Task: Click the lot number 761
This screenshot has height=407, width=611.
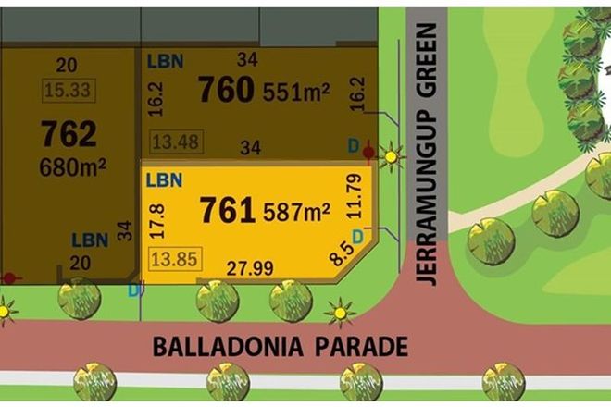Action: pyautogui.click(x=228, y=210)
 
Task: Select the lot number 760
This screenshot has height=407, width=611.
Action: pyautogui.click(x=226, y=90)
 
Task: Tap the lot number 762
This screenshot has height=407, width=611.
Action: pyautogui.click(x=68, y=135)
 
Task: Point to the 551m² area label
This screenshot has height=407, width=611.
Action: pyautogui.click(x=296, y=92)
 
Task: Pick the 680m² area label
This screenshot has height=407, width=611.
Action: pyautogui.click(x=72, y=167)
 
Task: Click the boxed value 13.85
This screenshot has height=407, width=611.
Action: pyautogui.click(x=175, y=258)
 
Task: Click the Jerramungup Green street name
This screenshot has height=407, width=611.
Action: pyautogui.click(x=425, y=155)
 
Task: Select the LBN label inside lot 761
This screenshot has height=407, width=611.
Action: pyautogui.click(x=164, y=180)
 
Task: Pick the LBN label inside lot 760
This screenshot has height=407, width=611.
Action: pyautogui.click(x=164, y=61)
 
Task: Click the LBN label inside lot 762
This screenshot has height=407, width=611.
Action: pyautogui.click(x=90, y=240)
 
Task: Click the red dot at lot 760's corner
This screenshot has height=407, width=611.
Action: pyautogui.click(x=369, y=151)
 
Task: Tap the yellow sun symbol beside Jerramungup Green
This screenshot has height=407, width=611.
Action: pyautogui.click(x=392, y=157)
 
